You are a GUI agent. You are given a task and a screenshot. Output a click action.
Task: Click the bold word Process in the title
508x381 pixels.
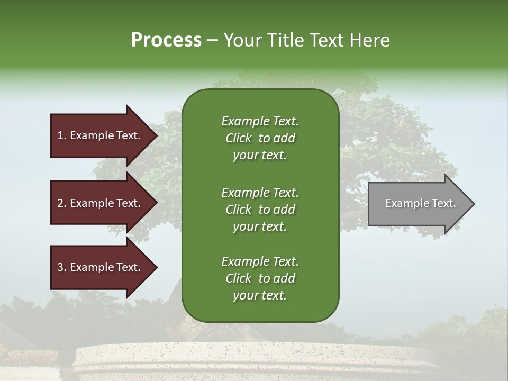pos(166,40)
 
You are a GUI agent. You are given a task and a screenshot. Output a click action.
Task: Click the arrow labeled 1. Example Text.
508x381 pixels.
pos(101,135)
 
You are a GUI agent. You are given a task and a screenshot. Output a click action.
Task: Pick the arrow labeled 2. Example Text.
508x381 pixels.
pos(101,203)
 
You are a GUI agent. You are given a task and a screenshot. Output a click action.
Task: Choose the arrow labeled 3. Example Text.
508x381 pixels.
pos(101,267)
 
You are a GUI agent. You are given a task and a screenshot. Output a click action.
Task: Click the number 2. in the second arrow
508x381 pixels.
pos(62,203)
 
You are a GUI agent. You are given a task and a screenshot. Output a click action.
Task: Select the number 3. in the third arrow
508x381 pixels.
pos(62,267)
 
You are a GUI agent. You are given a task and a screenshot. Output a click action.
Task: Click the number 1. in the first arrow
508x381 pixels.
pos(62,135)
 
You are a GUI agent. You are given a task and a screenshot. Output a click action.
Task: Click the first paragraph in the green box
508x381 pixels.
pos(260,138)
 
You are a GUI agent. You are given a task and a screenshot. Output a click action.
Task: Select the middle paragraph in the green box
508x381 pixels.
pos(260,210)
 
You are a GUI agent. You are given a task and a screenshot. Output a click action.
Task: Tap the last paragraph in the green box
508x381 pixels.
pos(260,278)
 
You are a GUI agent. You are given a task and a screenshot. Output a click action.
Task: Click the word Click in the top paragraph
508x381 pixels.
pos(238,138)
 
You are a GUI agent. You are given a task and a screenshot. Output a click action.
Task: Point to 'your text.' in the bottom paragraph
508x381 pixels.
pos(260,296)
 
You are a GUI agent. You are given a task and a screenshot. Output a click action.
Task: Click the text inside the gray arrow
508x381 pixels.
pos(420,203)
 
